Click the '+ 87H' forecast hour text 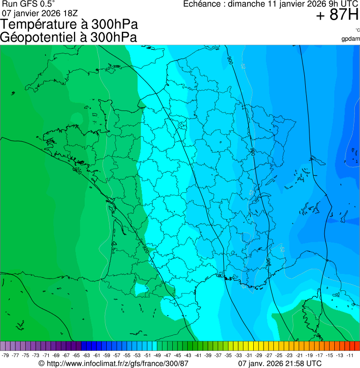point(337,15)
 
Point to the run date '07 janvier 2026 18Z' point(40,13)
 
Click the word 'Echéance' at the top point(201,4)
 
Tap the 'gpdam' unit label point(351,38)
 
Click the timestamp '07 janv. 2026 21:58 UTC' point(280,363)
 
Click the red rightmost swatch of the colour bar point(357,346)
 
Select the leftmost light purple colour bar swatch point(3,346)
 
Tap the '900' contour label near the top point(230,60)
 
